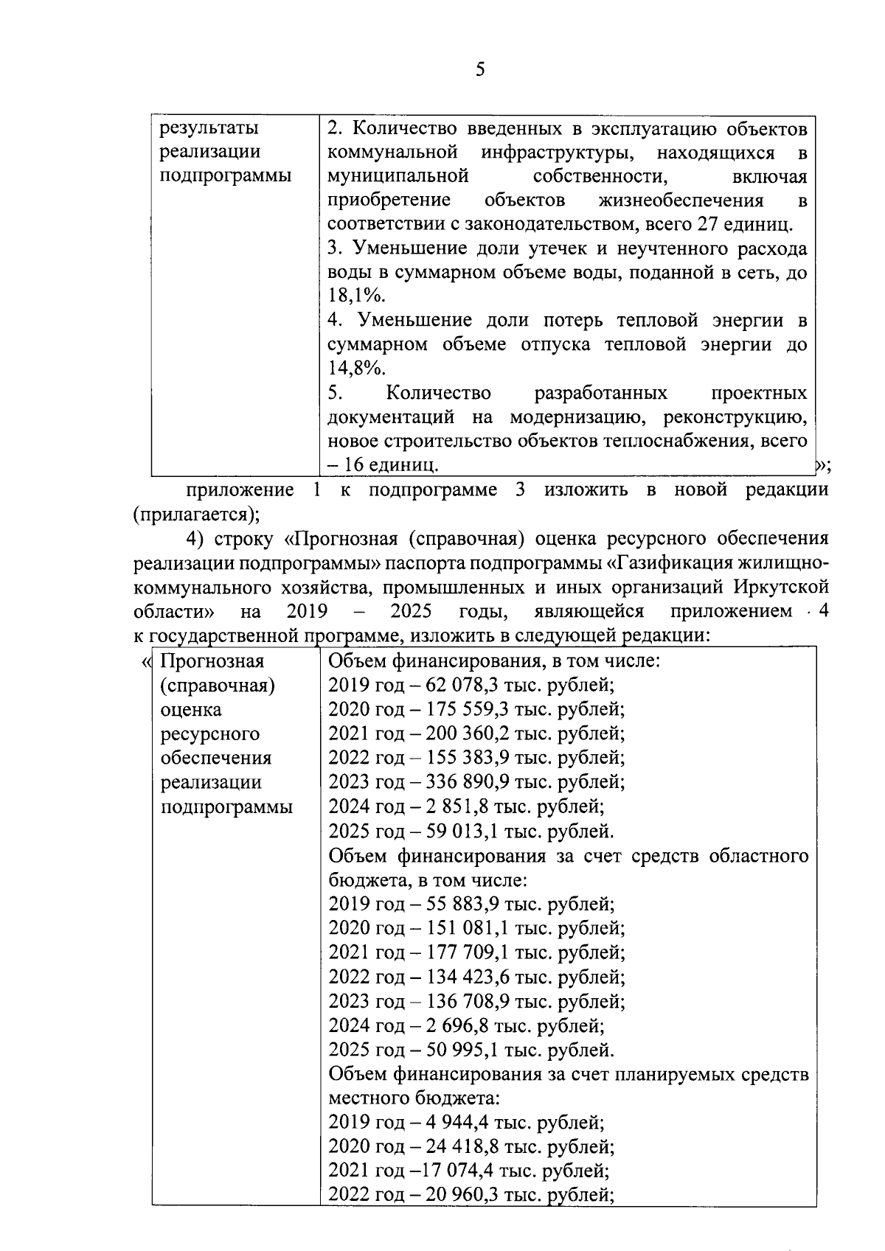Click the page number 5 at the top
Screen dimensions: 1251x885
(480, 70)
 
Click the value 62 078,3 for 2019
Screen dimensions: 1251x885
(459, 685)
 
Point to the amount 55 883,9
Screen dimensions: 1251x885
(459, 904)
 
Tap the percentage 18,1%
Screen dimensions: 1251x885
(357, 296)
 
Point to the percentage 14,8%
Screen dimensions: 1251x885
(357, 369)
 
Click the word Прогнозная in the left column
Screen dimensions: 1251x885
(212, 661)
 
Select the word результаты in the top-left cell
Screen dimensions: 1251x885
(210, 128)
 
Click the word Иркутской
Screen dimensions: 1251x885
(781, 588)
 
